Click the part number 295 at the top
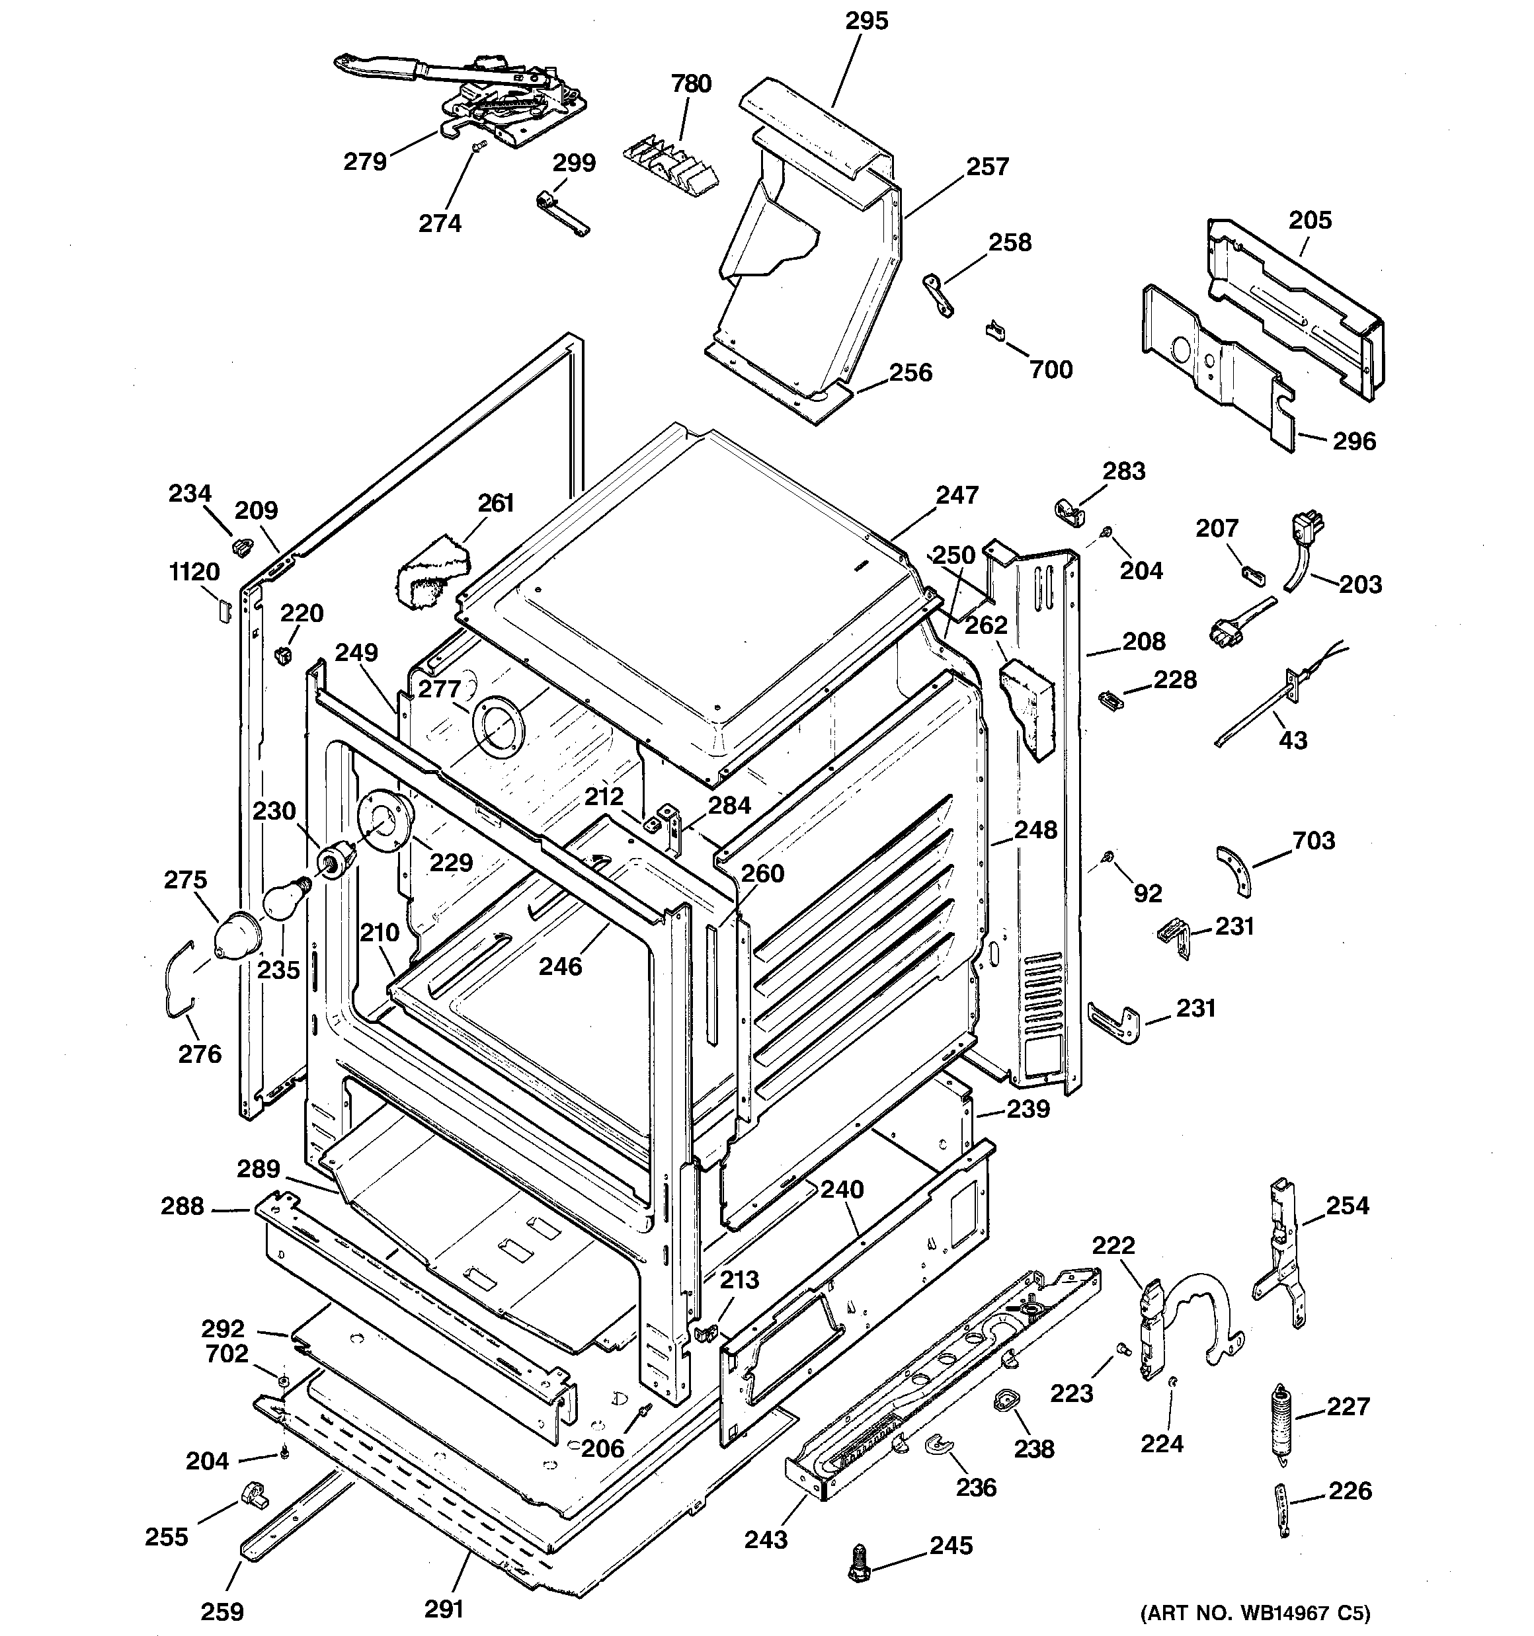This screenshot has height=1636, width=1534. pos(867,20)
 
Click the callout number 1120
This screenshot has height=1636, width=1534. pos(194,571)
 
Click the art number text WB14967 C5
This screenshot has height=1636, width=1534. pos(1255,1612)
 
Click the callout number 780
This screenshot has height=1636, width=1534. pos(691,83)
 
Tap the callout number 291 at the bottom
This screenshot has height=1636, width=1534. pos(444,1608)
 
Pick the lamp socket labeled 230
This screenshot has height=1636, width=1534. pos(336,861)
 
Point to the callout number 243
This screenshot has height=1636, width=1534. pos(766,1538)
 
